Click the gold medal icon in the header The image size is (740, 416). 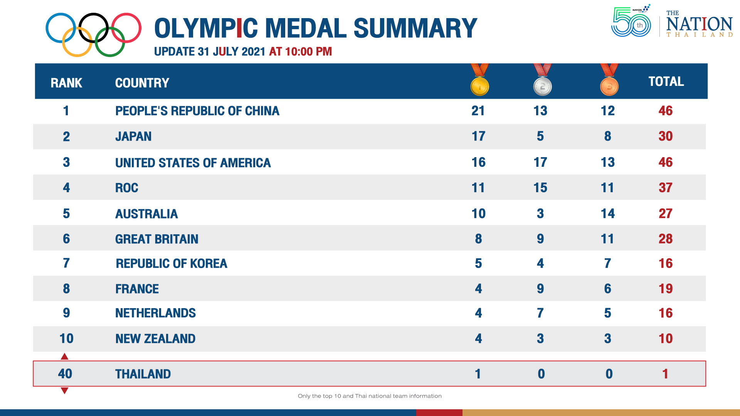click(x=479, y=86)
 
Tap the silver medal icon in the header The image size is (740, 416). click(x=542, y=86)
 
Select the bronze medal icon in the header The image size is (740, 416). click(x=609, y=86)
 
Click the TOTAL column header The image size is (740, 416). click(x=666, y=82)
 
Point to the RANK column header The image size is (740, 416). click(x=66, y=83)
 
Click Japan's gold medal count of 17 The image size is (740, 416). click(x=478, y=136)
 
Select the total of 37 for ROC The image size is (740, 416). click(x=665, y=188)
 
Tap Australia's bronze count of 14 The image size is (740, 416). click(x=607, y=214)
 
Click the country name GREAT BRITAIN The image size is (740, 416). click(x=156, y=239)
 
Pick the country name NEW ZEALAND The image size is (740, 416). click(x=155, y=339)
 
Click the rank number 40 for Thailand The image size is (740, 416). click(x=65, y=374)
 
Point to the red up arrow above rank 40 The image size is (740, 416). click(x=65, y=357)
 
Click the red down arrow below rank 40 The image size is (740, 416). click(x=65, y=391)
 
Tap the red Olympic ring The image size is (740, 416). click(x=126, y=28)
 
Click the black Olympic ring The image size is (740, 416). click(x=94, y=28)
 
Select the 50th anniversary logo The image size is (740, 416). click(x=631, y=22)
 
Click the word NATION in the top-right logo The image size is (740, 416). click(x=699, y=24)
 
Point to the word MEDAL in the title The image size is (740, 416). click(x=306, y=29)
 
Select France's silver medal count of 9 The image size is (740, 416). click(x=540, y=289)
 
